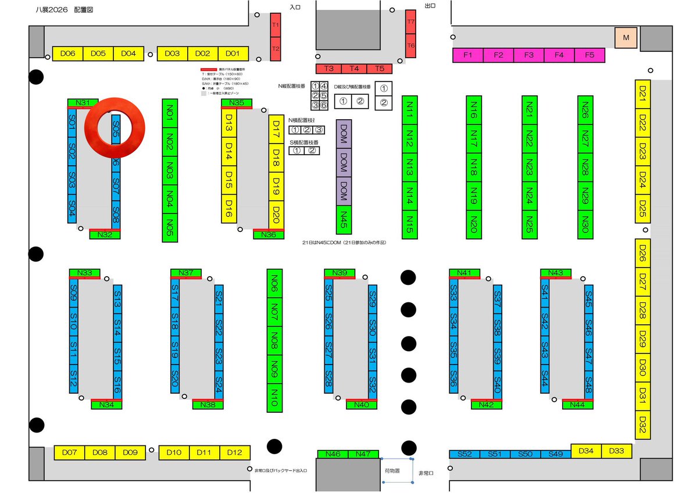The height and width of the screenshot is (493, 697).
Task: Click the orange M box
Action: tap(626, 38)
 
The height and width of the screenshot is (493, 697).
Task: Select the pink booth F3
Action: tap(528, 55)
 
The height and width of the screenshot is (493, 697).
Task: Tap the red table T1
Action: tap(276, 26)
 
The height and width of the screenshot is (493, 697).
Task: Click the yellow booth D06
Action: tap(68, 53)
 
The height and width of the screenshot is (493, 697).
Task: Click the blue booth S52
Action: tap(464, 454)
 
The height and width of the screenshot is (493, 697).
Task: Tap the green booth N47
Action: tap(363, 453)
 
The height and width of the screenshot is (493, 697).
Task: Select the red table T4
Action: tap(354, 69)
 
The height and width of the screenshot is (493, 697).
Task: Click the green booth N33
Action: tap(84, 273)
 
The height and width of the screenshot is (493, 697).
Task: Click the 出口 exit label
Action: tap(430, 6)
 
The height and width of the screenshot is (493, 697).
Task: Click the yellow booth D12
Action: tap(235, 452)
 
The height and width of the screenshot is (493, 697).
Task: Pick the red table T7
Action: tap(411, 22)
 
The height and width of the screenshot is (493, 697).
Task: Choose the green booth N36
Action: tap(269, 235)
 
